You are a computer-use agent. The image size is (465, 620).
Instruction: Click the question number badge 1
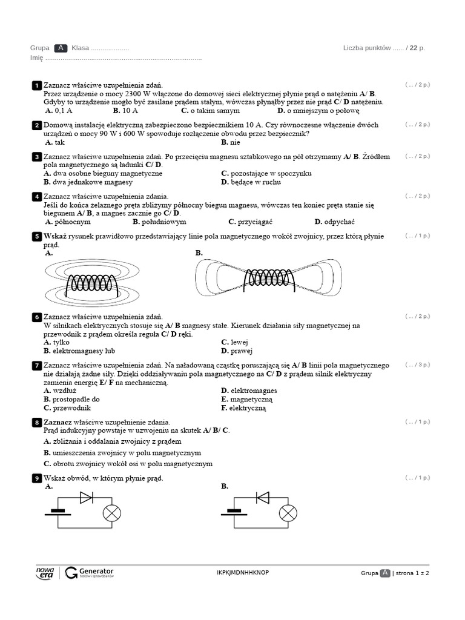(x=36, y=85)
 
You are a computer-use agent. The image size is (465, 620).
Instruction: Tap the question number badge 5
(x=36, y=236)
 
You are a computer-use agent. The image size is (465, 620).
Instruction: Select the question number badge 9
(x=36, y=478)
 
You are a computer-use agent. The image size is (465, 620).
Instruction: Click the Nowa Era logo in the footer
(x=45, y=573)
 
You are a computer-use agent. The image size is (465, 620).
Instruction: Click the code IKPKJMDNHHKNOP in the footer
(x=243, y=573)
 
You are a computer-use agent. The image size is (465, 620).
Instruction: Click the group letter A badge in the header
(x=61, y=48)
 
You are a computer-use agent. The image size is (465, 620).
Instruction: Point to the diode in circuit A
(x=86, y=497)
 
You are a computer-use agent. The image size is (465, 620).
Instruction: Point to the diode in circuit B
(x=263, y=497)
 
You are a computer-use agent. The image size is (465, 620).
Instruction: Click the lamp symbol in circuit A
(x=112, y=513)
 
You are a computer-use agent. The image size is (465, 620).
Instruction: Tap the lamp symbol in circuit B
(x=288, y=513)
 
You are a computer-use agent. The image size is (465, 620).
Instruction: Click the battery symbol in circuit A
(x=58, y=513)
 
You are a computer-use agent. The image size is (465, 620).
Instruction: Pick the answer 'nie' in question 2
(x=231, y=142)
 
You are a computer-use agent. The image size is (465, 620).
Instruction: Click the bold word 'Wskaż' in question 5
(x=55, y=236)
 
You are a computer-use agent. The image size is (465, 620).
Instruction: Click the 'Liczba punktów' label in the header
(x=367, y=48)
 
